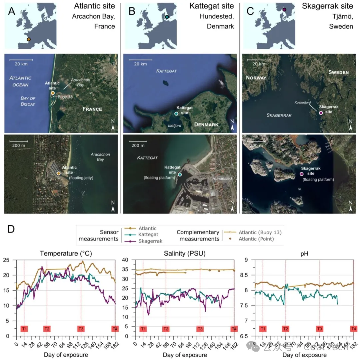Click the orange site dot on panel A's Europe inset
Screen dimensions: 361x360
click(29, 39)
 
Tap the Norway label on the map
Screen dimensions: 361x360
click(256, 78)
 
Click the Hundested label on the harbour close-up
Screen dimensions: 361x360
click(222, 178)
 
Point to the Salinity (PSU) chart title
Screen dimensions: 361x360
click(184, 253)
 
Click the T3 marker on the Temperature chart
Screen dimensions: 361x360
click(81, 329)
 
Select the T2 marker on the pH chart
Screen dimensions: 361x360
click(285, 329)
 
